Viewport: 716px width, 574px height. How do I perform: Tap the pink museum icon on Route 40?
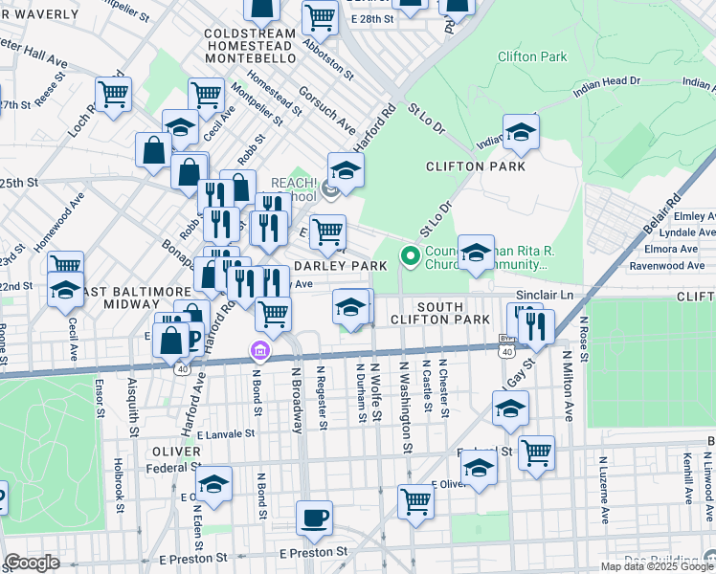point(257,353)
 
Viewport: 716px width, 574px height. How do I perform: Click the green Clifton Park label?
point(532,56)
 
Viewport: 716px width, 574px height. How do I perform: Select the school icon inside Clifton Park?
point(521,133)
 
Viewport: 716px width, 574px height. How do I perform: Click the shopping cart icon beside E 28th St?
point(320,16)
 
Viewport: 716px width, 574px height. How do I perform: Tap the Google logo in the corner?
point(32,562)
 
